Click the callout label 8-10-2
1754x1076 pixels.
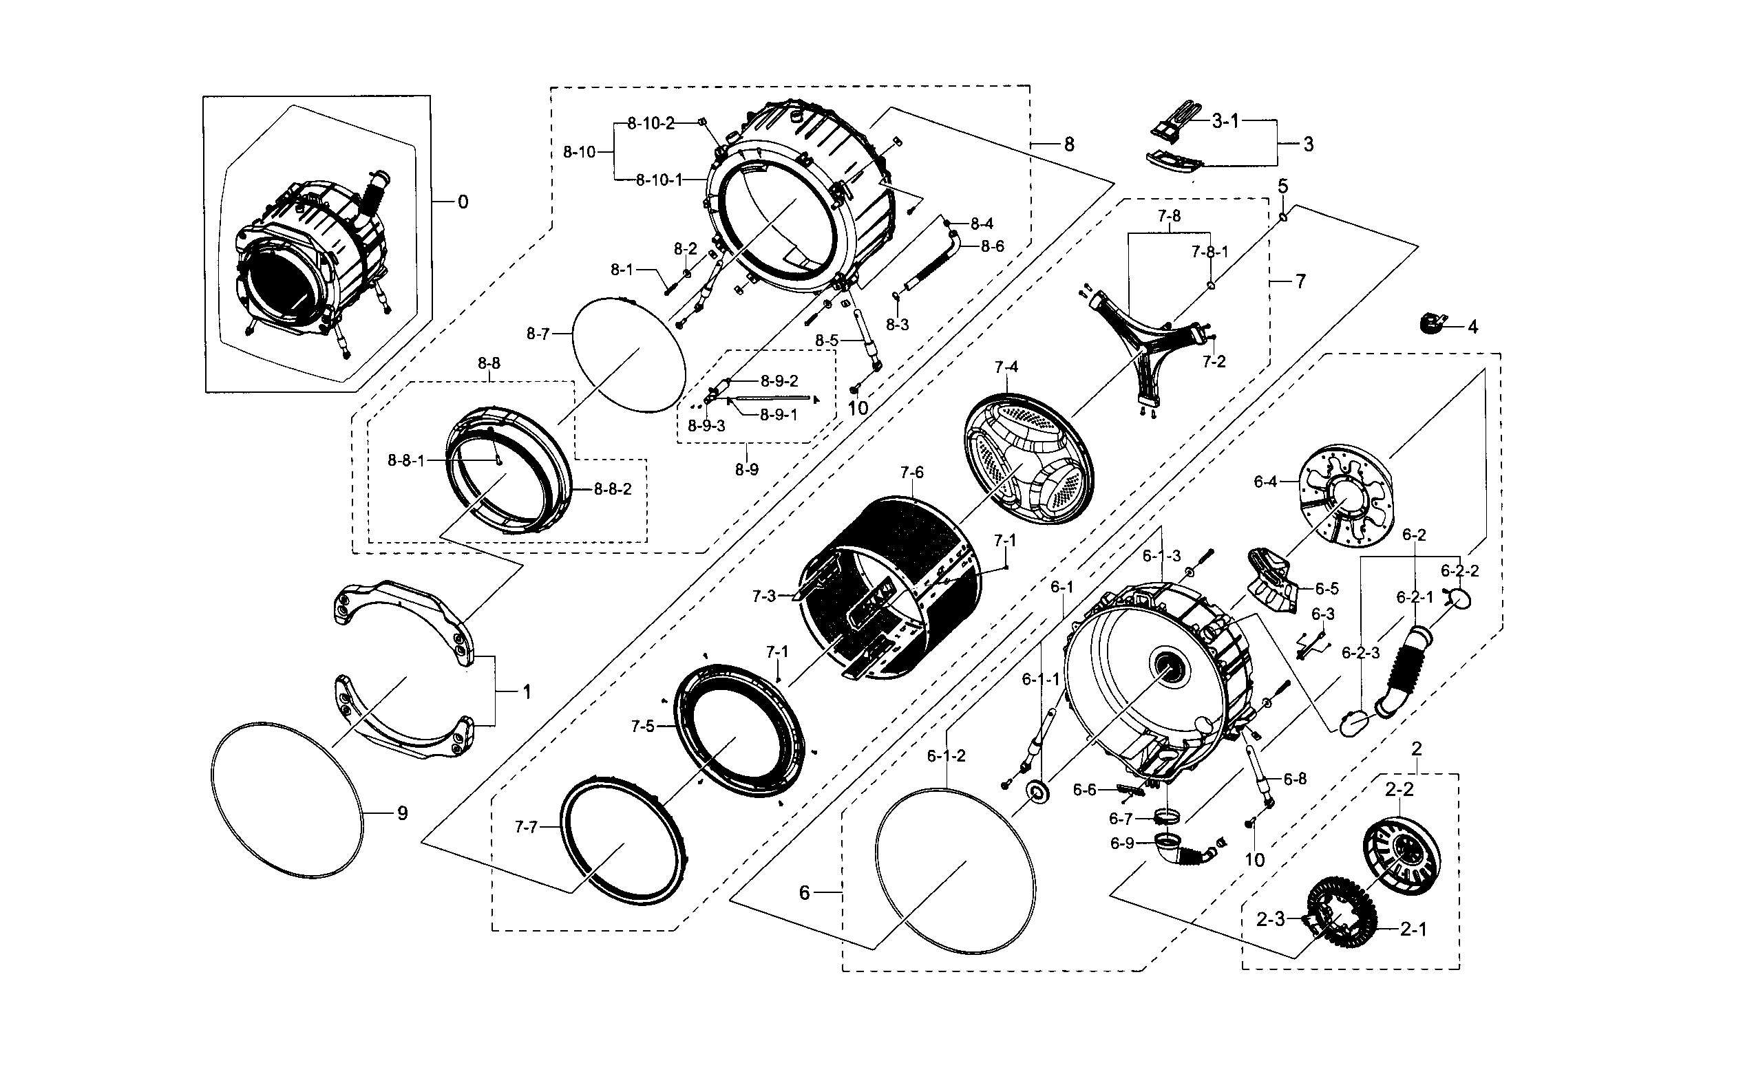(x=650, y=123)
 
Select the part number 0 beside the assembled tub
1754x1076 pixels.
(x=463, y=202)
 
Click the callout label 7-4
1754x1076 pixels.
(x=1006, y=367)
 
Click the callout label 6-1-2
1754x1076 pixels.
(x=946, y=756)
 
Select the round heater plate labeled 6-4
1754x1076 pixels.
(x=1344, y=497)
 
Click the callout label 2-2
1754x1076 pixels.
(x=1399, y=788)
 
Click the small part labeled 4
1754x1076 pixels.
(x=1429, y=323)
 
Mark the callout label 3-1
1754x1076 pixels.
(x=1225, y=122)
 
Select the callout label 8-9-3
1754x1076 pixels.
(x=706, y=426)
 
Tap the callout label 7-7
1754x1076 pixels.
(x=525, y=827)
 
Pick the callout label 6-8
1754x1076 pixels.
(x=1295, y=779)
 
